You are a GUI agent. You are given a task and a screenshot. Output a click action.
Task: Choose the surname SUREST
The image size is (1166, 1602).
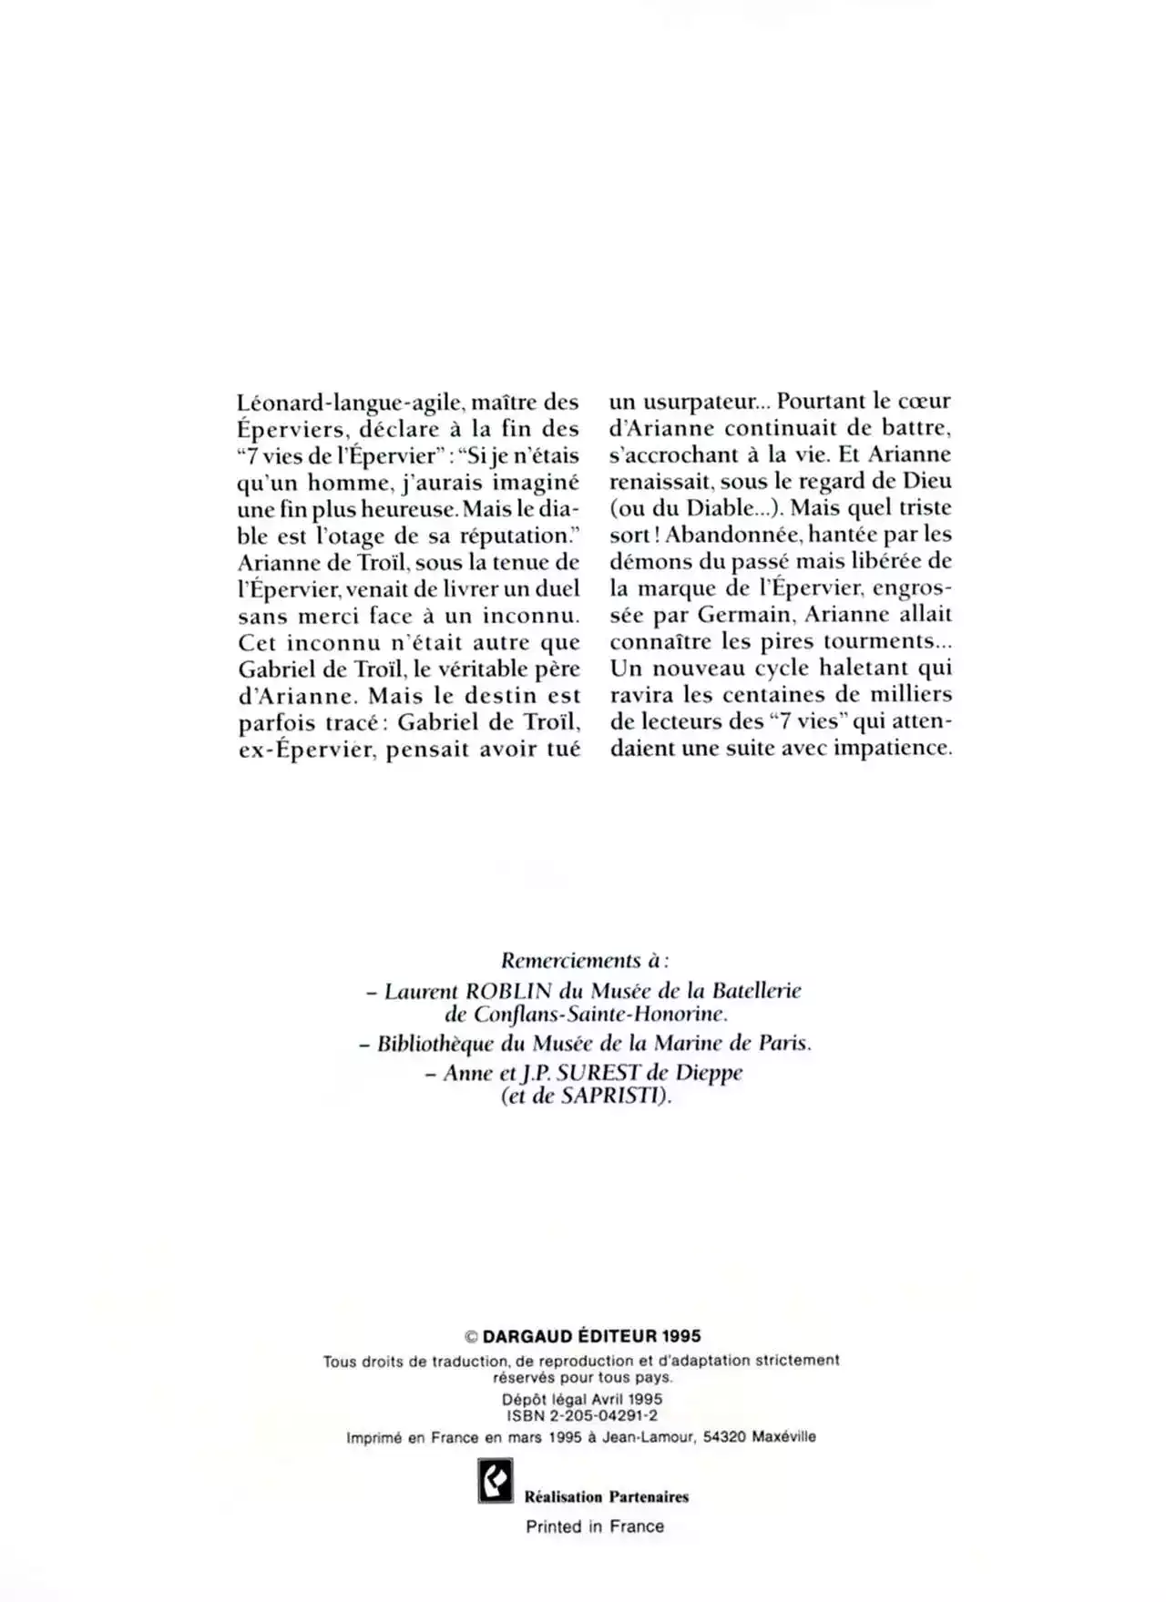click(598, 1073)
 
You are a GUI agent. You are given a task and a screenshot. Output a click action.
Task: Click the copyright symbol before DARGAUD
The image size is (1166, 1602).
click(471, 1337)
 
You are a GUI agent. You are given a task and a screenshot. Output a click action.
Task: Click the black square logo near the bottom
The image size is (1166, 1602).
click(496, 1480)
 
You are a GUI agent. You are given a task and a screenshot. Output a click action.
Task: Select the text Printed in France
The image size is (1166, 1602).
click(595, 1526)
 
